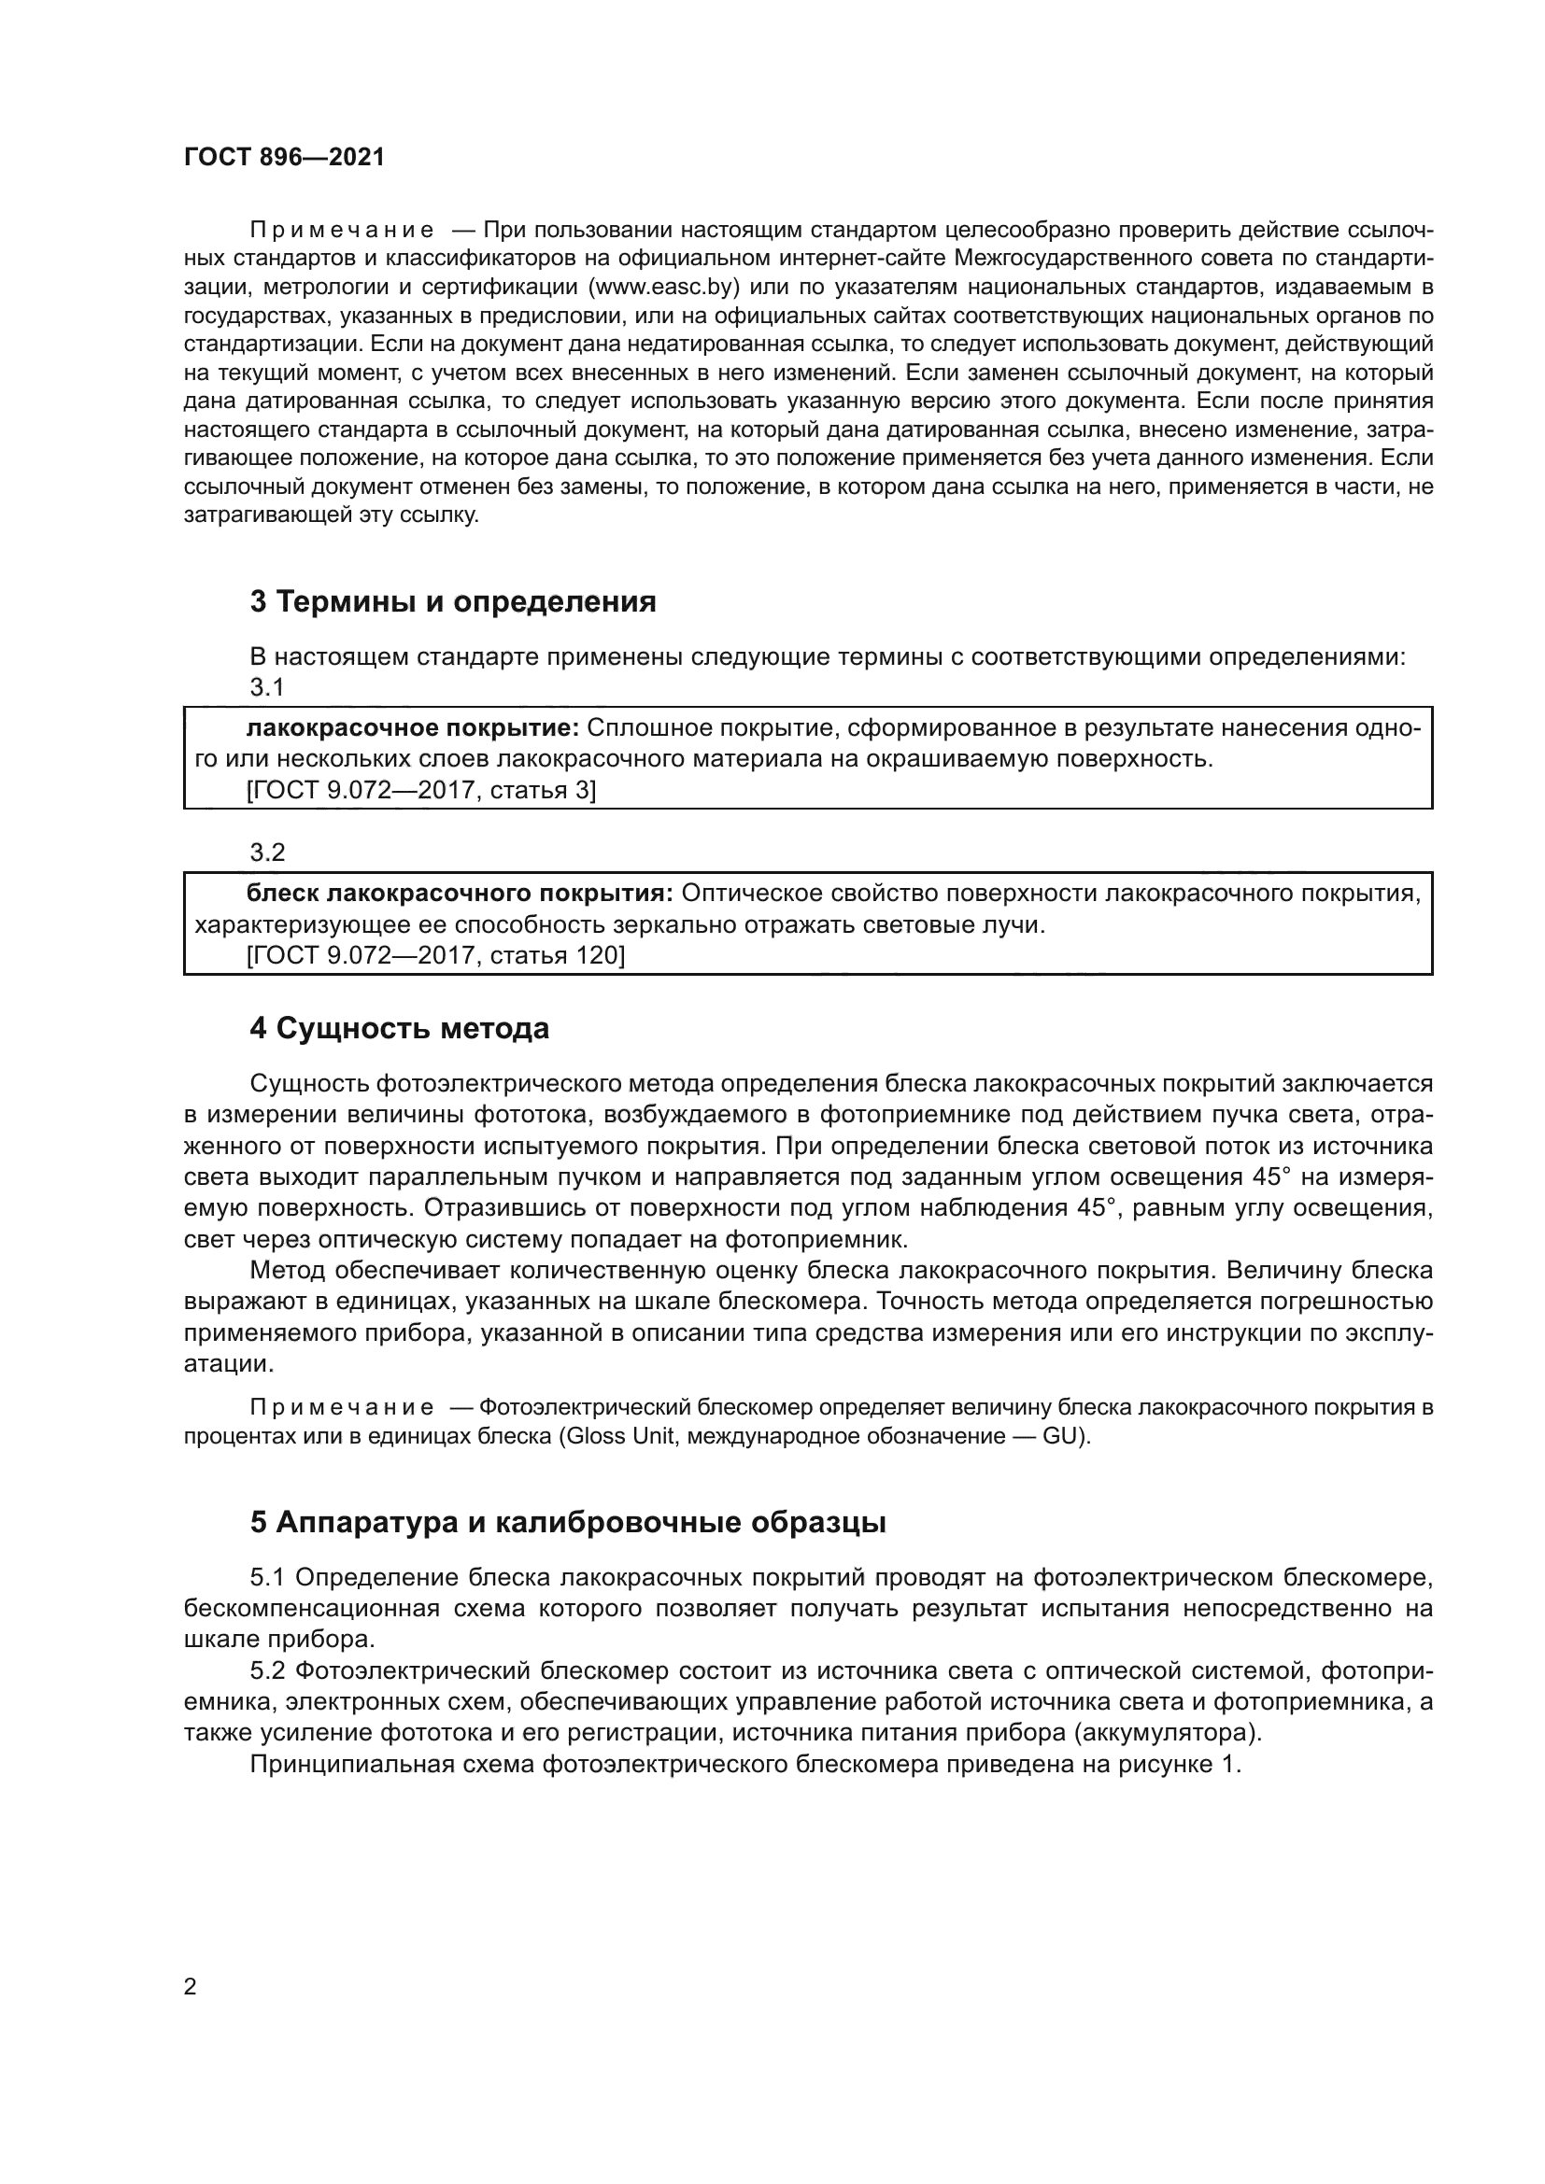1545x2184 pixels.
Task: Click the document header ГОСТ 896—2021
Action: [284, 157]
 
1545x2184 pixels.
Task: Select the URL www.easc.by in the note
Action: [664, 287]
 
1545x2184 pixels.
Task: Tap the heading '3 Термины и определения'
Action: [453, 601]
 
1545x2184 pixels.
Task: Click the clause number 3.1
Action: [267, 686]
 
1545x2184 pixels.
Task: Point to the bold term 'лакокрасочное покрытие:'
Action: [412, 727]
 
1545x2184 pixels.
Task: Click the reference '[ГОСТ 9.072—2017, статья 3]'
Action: [420, 790]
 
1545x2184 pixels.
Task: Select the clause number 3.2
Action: [267, 852]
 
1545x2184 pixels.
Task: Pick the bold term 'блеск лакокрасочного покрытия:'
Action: [460, 894]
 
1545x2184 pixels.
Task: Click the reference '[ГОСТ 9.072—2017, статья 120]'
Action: [435, 955]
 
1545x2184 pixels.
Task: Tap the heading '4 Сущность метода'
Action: [400, 1028]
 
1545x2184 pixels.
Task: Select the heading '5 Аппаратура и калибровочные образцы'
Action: [568, 1522]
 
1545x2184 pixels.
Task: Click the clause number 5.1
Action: [267, 1577]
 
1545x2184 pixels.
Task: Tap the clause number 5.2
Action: [267, 1670]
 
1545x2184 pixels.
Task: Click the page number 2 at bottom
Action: [191, 1986]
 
